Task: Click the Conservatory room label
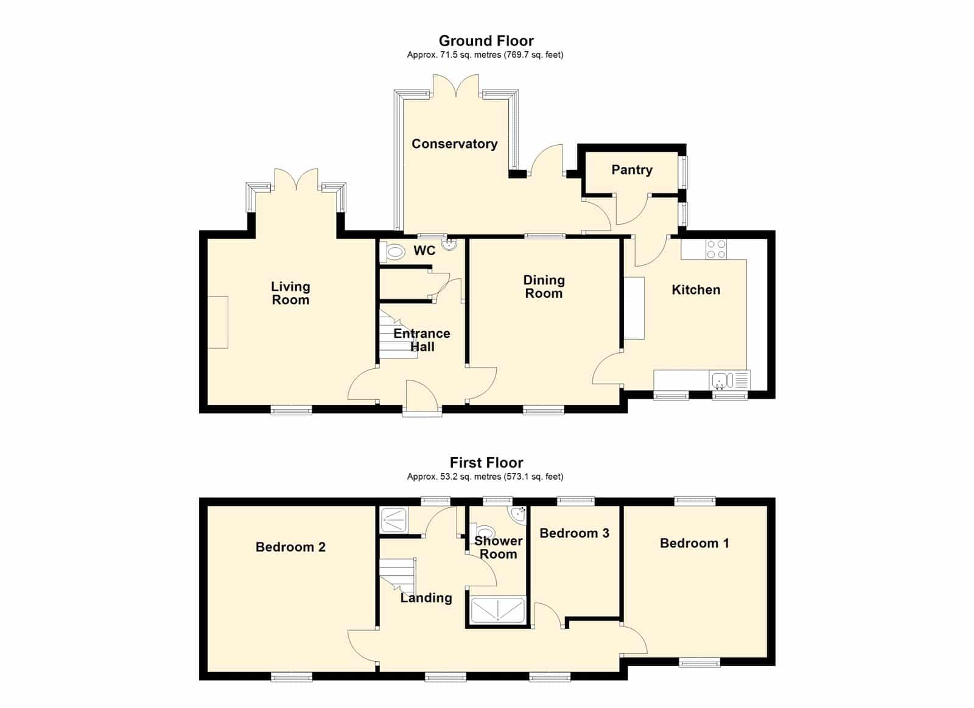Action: click(454, 144)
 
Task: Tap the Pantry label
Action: click(632, 170)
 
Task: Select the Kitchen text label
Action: click(696, 290)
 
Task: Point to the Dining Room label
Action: click(544, 287)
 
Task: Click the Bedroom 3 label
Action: click(574, 533)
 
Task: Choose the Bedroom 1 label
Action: click(695, 543)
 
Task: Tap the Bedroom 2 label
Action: click(290, 547)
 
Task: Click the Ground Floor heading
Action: click(486, 41)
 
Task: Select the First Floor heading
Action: click(486, 462)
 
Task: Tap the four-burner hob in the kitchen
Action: click(716, 249)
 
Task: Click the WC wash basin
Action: click(449, 245)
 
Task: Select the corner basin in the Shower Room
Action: click(519, 514)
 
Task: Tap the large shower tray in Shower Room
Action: click(498, 609)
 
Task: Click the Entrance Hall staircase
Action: click(398, 334)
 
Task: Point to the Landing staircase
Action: click(398, 575)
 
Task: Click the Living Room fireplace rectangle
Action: click(218, 322)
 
